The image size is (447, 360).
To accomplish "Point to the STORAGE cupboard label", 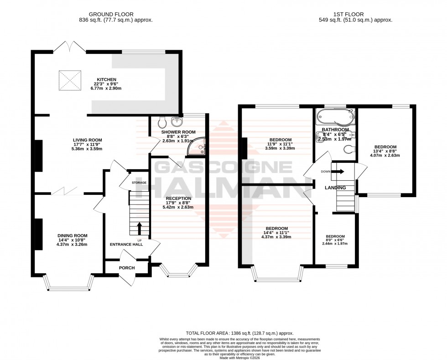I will click(139, 183).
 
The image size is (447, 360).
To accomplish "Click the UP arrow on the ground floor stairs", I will click(139, 227).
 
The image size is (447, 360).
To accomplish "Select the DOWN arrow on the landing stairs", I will click(338, 172).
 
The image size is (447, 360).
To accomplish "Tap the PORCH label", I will click(127, 267).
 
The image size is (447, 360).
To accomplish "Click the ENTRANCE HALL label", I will click(126, 245).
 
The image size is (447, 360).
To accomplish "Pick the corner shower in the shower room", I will click(199, 146).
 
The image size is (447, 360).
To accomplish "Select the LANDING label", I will click(335, 188).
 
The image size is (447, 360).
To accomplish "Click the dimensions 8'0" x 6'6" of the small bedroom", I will click(335, 244).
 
